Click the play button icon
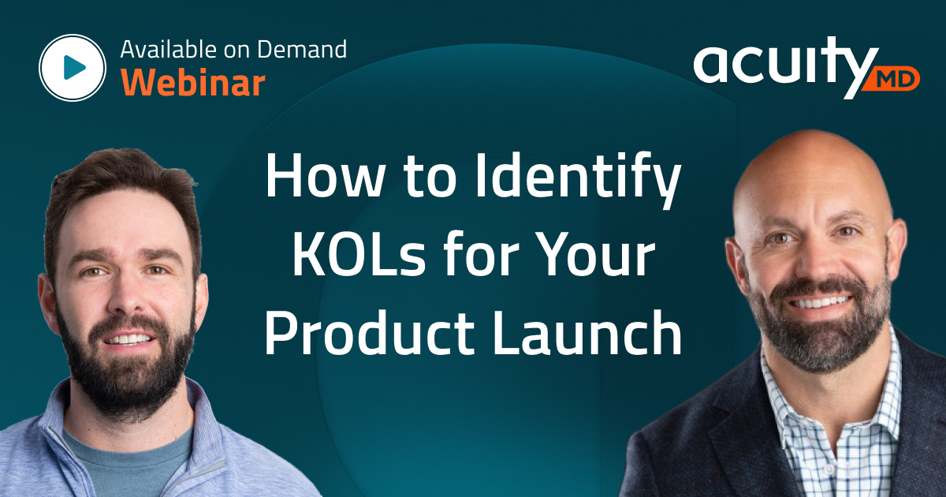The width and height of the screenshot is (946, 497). (73, 69)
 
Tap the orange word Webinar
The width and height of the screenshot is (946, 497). (192, 82)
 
